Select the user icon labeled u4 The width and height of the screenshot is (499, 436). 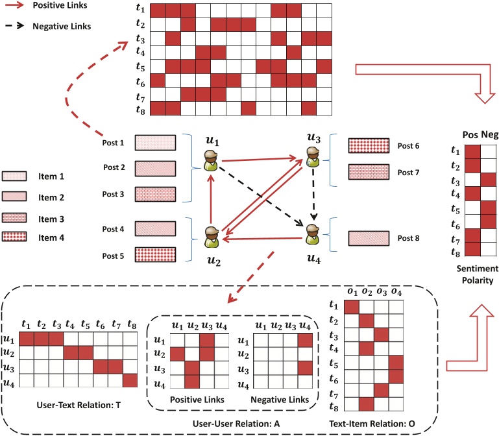click(x=313, y=235)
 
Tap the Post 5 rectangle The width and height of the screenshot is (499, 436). click(x=155, y=254)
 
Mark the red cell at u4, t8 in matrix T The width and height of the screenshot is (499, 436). click(x=132, y=381)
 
